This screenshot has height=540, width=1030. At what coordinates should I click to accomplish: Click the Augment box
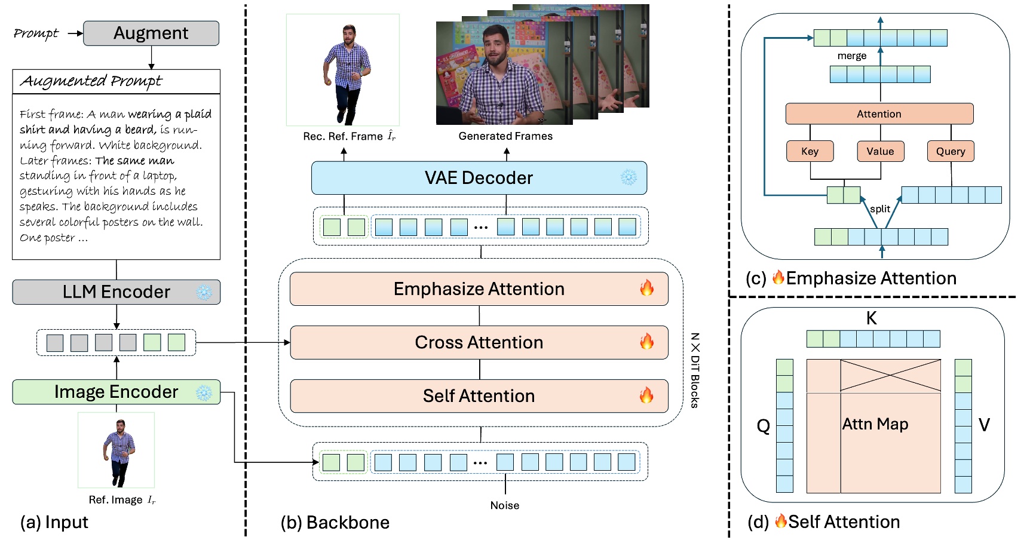pyautogui.click(x=151, y=33)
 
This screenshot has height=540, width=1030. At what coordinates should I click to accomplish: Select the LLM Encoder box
pyautogui.click(x=117, y=292)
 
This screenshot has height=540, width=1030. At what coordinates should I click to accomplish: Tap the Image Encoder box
pyautogui.click(x=117, y=392)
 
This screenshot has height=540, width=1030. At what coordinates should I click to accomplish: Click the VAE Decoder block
pyautogui.click(x=479, y=178)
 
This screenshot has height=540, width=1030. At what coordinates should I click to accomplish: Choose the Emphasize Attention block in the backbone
pyautogui.click(x=479, y=289)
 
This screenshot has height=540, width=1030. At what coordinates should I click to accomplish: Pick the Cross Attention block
pyautogui.click(x=479, y=342)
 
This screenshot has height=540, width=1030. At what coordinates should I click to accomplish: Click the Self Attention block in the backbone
pyautogui.click(x=479, y=396)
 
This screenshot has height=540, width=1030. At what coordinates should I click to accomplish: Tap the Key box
pyautogui.click(x=810, y=152)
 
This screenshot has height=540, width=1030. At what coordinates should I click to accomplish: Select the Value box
pyautogui.click(x=880, y=152)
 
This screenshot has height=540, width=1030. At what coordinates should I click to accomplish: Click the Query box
pyautogui.click(x=951, y=152)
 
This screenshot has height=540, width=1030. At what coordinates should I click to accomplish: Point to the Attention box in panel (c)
pyautogui.click(x=879, y=114)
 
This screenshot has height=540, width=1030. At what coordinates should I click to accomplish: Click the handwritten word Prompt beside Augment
pyautogui.click(x=36, y=33)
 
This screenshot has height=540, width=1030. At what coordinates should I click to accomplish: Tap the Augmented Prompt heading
pyautogui.click(x=91, y=81)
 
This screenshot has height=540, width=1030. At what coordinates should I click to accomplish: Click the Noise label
pyautogui.click(x=505, y=505)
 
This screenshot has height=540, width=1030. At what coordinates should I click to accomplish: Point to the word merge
pyautogui.click(x=852, y=56)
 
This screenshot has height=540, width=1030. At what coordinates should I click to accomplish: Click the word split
pyautogui.click(x=880, y=209)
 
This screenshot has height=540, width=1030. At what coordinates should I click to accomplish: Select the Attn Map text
pyautogui.click(x=875, y=424)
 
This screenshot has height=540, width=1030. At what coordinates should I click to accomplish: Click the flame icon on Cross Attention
pyautogui.click(x=646, y=342)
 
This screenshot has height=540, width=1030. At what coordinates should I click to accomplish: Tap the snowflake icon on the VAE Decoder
pyautogui.click(x=629, y=177)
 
